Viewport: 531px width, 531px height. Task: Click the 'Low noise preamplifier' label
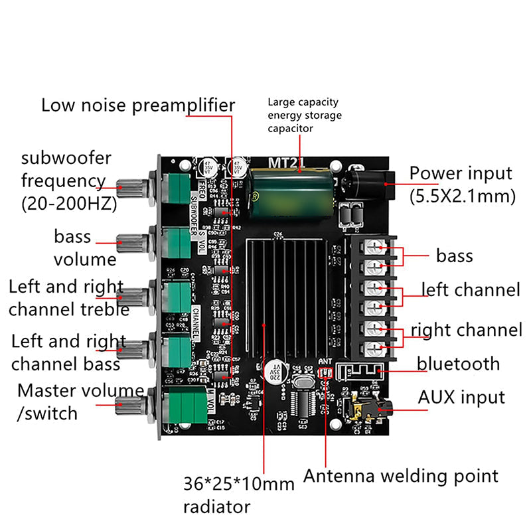[x=138, y=106]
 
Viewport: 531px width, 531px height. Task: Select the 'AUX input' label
[x=461, y=397]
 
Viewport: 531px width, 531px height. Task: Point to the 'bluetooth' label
[x=458, y=363]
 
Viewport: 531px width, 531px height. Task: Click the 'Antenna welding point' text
[x=400, y=475]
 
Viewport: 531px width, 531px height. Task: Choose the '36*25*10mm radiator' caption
[x=238, y=495]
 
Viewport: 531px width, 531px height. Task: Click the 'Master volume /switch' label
[x=80, y=401]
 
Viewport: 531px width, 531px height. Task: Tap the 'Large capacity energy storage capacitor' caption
[x=305, y=115]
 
